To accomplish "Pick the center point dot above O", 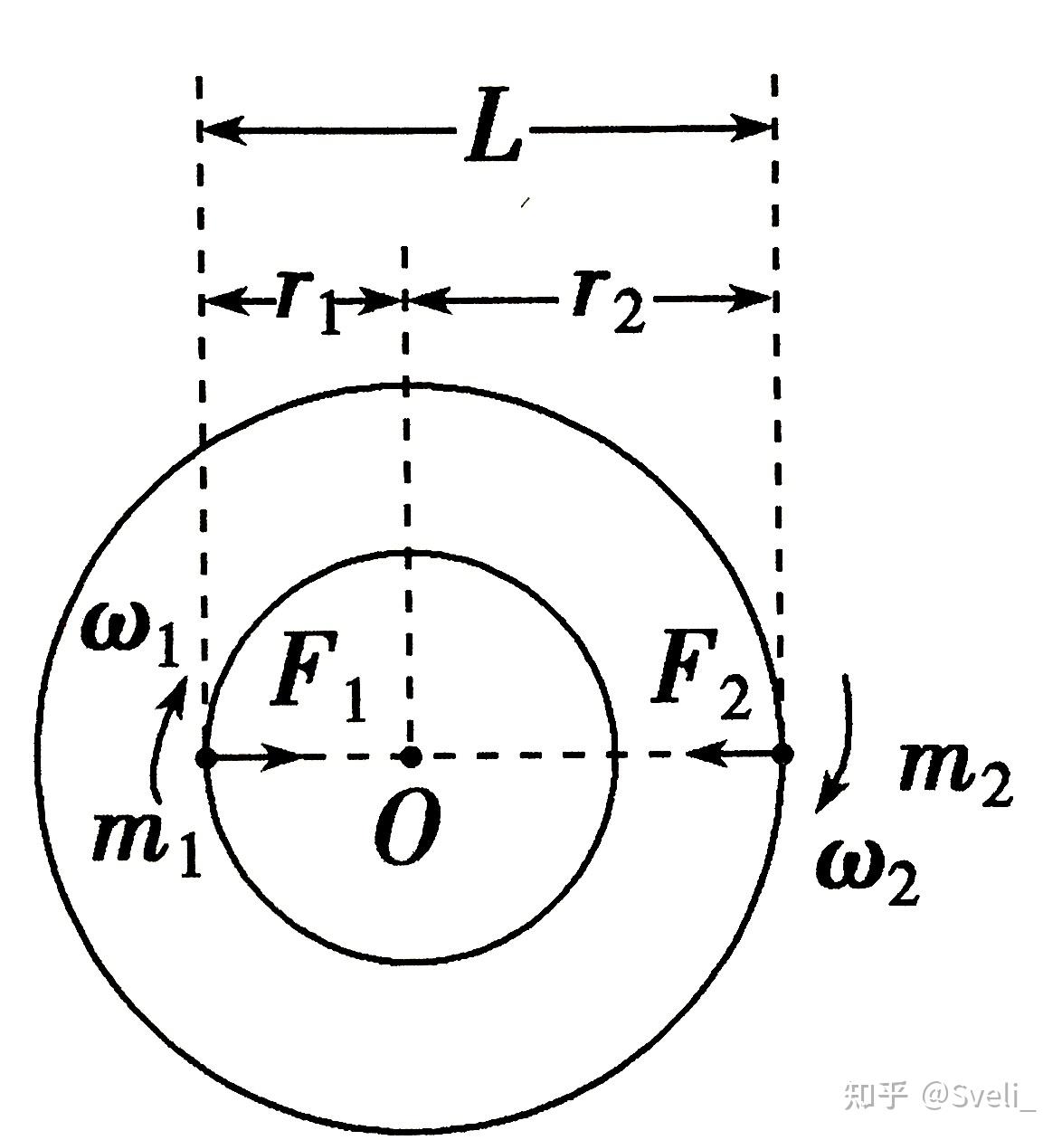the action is coord(411,755).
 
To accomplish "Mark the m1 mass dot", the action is coord(206,757).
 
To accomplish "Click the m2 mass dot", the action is coord(783,753).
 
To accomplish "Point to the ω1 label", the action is coord(131,632).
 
